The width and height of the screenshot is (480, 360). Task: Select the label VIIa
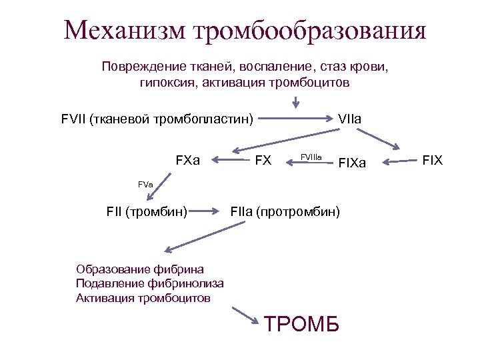point(350,119)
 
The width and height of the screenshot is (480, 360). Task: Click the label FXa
point(187,160)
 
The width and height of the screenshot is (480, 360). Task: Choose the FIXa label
point(353,162)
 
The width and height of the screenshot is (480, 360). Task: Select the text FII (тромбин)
point(147,212)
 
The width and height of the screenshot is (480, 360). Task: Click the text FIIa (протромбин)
point(285,212)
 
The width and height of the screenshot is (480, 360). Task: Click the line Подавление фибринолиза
point(150,283)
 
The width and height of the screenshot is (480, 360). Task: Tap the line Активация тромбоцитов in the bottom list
point(143,297)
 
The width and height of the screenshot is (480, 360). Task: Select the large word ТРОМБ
point(302,324)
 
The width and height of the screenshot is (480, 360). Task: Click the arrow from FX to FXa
point(229,160)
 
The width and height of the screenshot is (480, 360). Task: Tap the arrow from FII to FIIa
point(209,212)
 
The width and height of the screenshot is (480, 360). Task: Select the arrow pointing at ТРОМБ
point(245,317)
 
